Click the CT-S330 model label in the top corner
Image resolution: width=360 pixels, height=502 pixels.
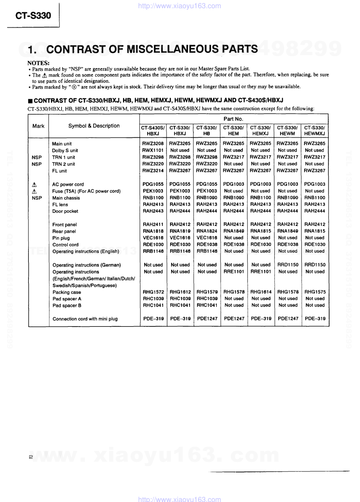(33, 16)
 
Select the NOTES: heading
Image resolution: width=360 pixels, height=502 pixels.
(38, 63)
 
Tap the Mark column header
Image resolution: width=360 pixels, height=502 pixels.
(38, 126)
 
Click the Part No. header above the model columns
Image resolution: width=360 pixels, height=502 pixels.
(233, 119)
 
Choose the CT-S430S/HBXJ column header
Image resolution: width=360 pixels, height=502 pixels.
(153, 131)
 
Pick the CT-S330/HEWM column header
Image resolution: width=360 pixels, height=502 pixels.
(287, 131)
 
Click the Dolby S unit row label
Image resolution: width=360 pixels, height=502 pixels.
(65, 151)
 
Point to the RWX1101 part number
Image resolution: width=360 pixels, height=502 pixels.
(153, 150)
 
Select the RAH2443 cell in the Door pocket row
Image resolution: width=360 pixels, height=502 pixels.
(153, 211)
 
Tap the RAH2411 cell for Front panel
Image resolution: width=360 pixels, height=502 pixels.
(153, 224)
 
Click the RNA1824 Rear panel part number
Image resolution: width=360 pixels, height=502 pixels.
(207, 231)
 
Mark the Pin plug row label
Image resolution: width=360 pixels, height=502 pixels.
(61, 238)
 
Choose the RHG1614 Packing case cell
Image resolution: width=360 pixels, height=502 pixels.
(261, 292)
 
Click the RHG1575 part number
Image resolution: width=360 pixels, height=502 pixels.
(315, 292)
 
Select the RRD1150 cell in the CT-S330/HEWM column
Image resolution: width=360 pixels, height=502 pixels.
(288, 265)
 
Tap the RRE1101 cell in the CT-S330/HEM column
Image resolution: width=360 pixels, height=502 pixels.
(234, 272)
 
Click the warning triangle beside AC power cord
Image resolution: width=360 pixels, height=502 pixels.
(35, 184)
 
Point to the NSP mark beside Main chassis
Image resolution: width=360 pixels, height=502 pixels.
(37, 198)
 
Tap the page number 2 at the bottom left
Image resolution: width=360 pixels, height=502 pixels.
(31, 457)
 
